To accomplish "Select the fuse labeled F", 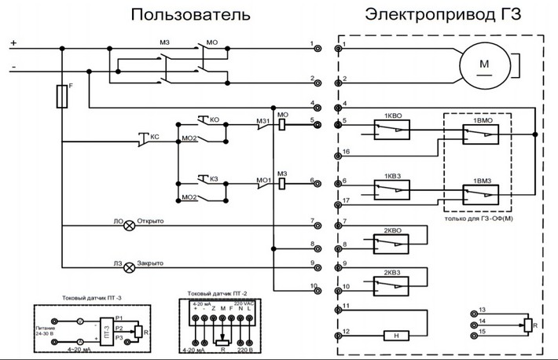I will pos(61,96).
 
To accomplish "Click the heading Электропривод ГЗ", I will pos(442,15).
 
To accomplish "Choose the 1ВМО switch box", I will pos(479,136).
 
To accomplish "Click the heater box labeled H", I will pos(396,336).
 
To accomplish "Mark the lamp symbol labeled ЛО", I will pos(130,222).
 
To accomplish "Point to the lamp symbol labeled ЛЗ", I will pos(130,265).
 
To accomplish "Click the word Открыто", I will pos(156,222).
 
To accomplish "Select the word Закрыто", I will pos(156,265).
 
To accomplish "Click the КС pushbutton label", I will pos(154,137).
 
